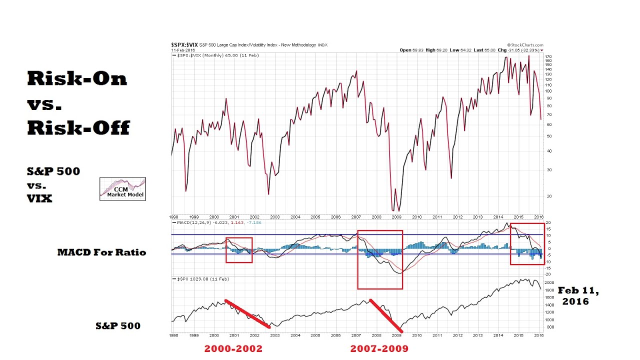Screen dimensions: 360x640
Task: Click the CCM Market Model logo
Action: [122, 189]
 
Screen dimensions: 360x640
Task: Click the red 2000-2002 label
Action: [233, 348]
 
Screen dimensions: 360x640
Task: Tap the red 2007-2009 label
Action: [379, 348]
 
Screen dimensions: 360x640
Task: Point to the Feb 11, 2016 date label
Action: [578, 295]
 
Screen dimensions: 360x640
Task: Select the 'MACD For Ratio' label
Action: [101, 252]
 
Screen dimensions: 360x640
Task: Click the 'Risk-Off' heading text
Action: [78, 128]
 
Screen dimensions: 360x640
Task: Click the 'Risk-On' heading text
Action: [77, 78]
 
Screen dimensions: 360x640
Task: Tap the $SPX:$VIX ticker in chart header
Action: [184, 45]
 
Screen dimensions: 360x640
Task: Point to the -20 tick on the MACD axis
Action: [548, 274]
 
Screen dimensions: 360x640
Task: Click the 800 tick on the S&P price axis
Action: [549, 327]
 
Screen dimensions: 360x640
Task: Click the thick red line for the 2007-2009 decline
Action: [385, 315]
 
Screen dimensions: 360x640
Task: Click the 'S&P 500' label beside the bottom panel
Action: [118, 326]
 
